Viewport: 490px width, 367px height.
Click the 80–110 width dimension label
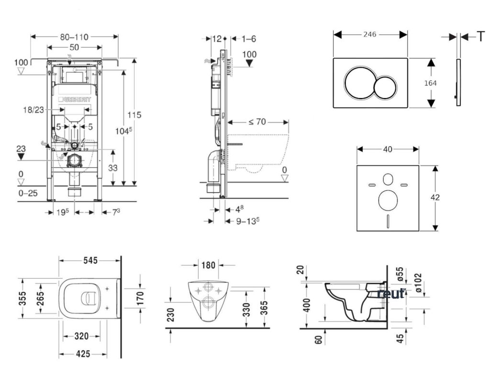pyautogui.click(x=75, y=37)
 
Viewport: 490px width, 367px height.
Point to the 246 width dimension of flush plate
pyautogui.click(x=370, y=34)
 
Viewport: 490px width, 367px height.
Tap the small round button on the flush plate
pyautogui.click(x=385, y=87)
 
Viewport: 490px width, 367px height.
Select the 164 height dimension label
pyautogui.click(x=431, y=83)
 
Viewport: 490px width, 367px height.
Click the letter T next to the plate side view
pyautogui.click(x=480, y=36)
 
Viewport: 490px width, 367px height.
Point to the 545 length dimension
pyautogui.click(x=90, y=260)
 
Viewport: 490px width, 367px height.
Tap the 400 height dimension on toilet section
pyautogui.click(x=307, y=304)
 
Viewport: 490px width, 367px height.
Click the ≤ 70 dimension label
pyautogui.click(x=256, y=121)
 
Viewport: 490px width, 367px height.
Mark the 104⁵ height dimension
pyautogui.click(x=123, y=131)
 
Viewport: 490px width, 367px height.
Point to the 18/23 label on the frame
pyautogui.click(x=34, y=110)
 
